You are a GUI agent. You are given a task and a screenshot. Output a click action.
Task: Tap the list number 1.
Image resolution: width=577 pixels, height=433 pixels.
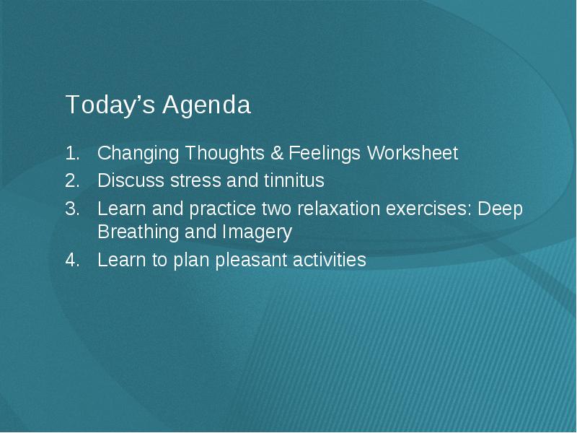pyautogui.click(x=73, y=153)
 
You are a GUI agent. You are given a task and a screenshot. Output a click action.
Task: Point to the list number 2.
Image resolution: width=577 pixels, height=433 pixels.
pyautogui.click(x=73, y=181)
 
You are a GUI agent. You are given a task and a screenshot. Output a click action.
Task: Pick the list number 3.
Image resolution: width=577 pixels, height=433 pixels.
pyautogui.click(x=73, y=209)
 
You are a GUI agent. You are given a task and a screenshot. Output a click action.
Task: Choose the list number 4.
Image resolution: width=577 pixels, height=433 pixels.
pyautogui.click(x=73, y=260)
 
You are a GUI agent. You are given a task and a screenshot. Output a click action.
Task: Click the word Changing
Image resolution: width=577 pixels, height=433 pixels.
pyautogui.click(x=138, y=154)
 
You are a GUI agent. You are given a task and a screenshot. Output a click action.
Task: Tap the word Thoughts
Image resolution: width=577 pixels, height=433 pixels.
pyautogui.click(x=224, y=153)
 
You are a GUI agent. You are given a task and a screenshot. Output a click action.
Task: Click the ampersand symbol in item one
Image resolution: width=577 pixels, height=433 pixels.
pyautogui.click(x=277, y=153)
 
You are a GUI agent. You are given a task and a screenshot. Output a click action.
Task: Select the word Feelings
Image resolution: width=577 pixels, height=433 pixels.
pyautogui.click(x=325, y=154)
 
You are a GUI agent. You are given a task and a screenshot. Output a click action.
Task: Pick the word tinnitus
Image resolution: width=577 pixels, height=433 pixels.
pyautogui.click(x=294, y=180)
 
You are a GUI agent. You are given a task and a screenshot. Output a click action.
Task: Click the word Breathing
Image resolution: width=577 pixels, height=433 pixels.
pyautogui.click(x=138, y=232)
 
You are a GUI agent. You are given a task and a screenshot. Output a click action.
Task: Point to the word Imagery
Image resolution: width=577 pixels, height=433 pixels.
pyautogui.click(x=257, y=232)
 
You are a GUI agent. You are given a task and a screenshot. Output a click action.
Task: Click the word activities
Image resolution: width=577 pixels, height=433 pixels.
pyautogui.click(x=330, y=260)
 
